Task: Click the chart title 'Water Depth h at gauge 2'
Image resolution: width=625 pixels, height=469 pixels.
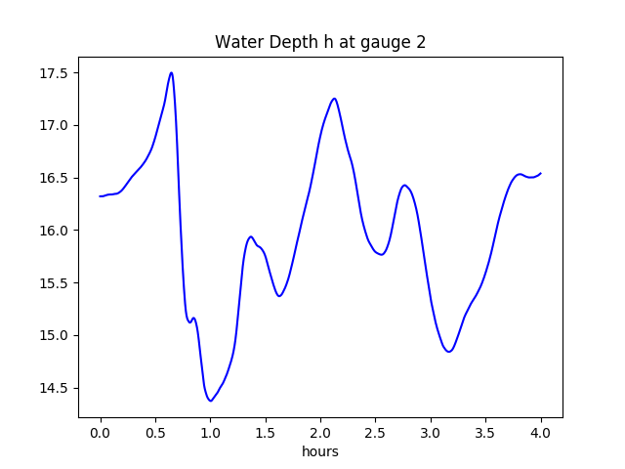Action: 320,42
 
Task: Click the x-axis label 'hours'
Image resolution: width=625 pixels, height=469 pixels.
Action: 320,452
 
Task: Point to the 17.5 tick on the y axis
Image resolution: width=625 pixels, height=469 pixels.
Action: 54,73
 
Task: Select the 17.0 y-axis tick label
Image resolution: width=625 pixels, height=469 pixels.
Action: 54,126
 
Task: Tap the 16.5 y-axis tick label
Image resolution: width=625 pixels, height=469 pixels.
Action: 54,179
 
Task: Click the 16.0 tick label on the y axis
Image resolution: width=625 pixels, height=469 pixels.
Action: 54,231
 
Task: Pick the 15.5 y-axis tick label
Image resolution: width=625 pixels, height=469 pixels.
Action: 54,283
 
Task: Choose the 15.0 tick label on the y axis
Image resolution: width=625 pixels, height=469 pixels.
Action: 54,336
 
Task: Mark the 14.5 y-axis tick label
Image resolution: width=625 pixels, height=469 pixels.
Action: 54,389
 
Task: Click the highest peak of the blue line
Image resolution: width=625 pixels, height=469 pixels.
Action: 171,72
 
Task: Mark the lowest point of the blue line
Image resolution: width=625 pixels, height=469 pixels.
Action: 210,401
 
